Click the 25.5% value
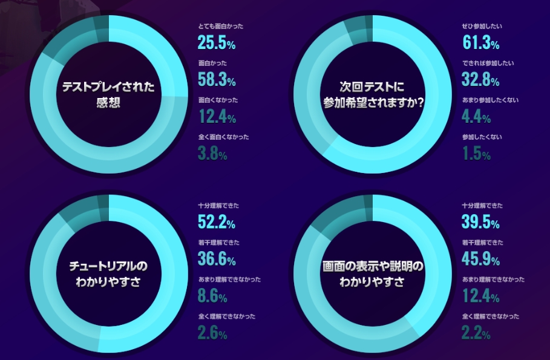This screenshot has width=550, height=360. click(x=216, y=43)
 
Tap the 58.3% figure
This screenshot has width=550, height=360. click(x=216, y=80)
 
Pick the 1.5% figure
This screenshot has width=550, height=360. click(x=476, y=154)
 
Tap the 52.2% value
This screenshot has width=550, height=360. click(x=216, y=223)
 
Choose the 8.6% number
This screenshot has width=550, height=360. click(x=212, y=296)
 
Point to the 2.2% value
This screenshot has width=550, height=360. click(x=476, y=333)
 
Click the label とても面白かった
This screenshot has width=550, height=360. click(x=220, y=27)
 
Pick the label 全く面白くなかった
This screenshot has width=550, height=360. click(x=223, y=137)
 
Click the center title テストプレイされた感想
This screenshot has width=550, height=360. click(x=108, y=94)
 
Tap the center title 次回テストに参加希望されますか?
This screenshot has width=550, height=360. click(x=373, y=94)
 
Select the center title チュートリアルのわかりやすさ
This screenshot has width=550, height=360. click(x=108, y=273)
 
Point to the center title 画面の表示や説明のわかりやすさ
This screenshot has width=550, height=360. click(x=373, y=273)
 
